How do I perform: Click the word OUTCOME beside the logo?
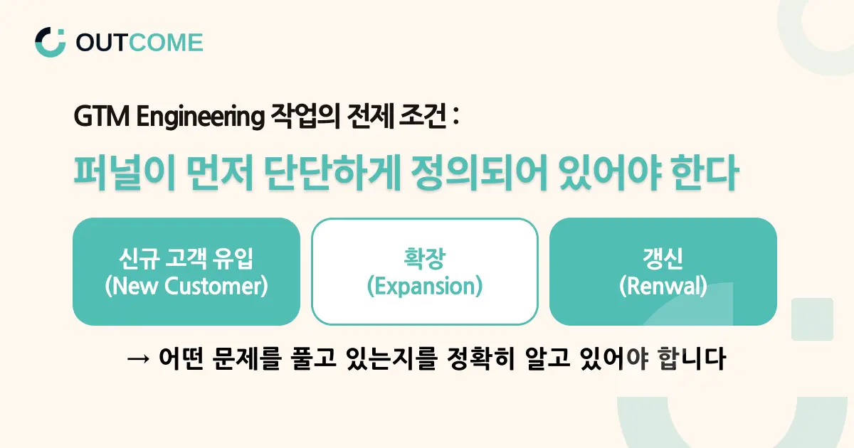pos(139,42)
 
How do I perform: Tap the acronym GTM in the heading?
pos(101,116)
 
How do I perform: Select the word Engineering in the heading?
pos(201,117)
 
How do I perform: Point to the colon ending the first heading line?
pos(455,116)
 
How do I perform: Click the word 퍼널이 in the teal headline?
pos(125,173)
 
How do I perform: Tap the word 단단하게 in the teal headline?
pos(332,173)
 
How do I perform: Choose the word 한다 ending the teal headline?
pos(705,173)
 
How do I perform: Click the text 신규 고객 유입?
pos(186,259)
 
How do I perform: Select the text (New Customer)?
pos(186,286)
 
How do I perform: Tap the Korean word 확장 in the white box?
pos(425,259)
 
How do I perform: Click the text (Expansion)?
pos(425,287)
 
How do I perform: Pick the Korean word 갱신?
pos(663,259)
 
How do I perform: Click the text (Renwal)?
pos(663,286)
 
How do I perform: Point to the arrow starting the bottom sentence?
pos(138,359)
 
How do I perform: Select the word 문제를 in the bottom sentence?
pos(247,358)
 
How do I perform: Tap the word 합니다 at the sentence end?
pos(692,358)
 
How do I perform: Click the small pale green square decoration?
pos(812,319)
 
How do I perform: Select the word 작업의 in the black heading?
pos(305,116)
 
